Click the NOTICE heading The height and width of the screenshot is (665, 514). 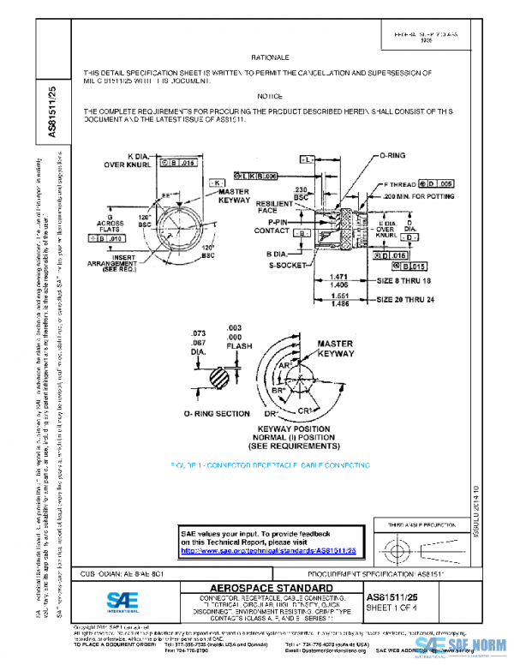click(x=270, y=97)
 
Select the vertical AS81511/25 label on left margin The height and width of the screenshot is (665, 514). click(x=51, y=111)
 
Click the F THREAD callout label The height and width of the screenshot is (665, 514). click(x=401, y=184)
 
